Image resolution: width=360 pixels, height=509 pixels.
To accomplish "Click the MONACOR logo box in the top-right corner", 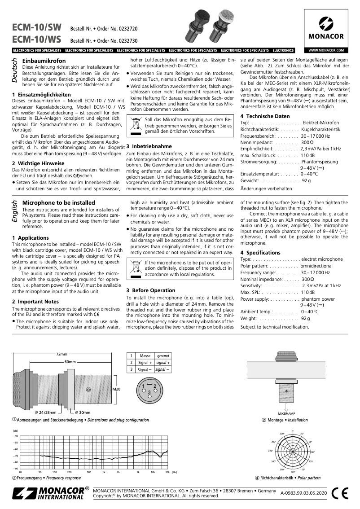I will [326, 28].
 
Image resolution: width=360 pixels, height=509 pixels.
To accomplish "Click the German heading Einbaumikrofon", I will [44, 61].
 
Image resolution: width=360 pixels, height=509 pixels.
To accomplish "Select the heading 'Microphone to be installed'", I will [58, 203].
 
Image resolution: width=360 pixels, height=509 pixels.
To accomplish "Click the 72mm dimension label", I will [61, 354].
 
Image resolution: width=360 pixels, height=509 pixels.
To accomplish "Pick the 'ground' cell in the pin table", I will [163, 355].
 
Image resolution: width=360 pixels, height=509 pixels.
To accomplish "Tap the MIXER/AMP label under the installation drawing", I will [286, 413].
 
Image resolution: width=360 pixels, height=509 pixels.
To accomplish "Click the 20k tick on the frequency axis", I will [167, 472].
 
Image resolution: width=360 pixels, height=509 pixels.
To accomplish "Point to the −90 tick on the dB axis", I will [16, 468].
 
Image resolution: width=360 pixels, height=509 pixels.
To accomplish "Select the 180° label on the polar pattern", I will [292, 472].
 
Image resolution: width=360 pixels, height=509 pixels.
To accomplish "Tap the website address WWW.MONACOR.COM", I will [326, 50].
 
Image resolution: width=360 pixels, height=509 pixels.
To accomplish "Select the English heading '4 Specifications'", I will [260, 253].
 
